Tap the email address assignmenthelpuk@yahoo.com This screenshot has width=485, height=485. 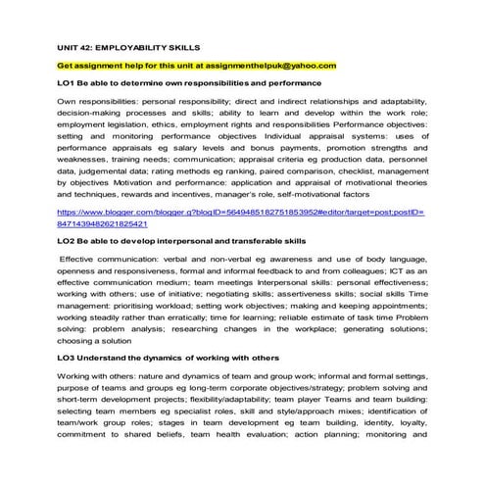point(268,65)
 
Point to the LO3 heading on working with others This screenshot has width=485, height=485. point(168,358)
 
